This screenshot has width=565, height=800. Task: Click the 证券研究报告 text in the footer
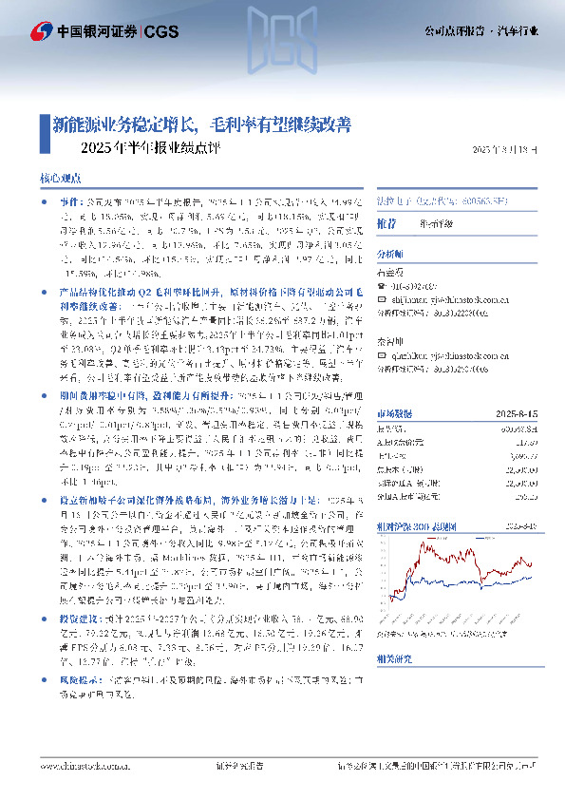pos(233,766)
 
